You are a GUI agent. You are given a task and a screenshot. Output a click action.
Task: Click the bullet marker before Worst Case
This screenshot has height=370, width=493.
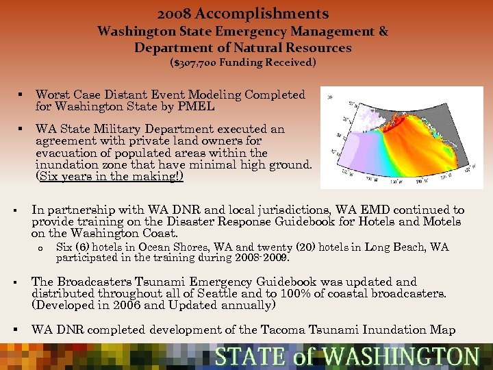point(22,95)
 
